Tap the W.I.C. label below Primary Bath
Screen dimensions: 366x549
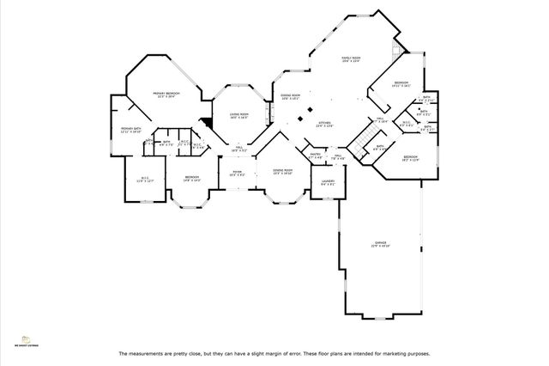[x=146, y=180]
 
